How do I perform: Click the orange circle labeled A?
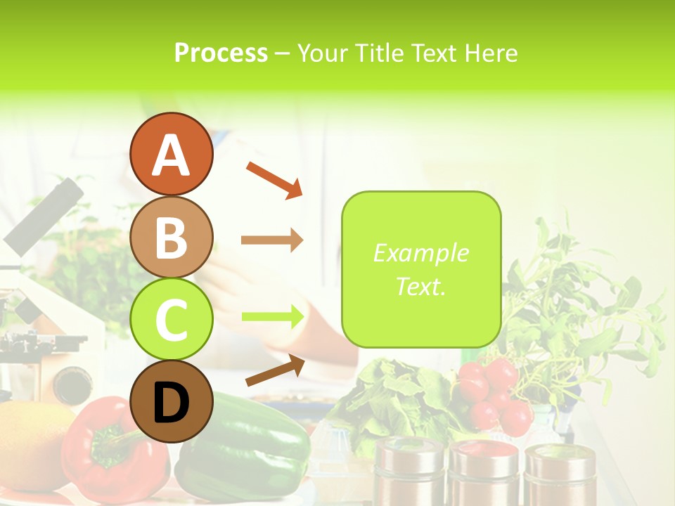pos(171,154)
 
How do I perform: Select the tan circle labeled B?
pos(171,237)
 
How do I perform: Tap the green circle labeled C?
pos(171,319)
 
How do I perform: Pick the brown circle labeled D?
pos(171,401)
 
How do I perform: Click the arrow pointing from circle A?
pos(274,179)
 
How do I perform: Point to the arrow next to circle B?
pos(272,240)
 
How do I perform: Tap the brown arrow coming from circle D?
pos(275,370)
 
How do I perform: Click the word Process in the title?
pos(221,53)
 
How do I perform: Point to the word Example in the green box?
pos(420,253)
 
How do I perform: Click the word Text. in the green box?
pos(420,286)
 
